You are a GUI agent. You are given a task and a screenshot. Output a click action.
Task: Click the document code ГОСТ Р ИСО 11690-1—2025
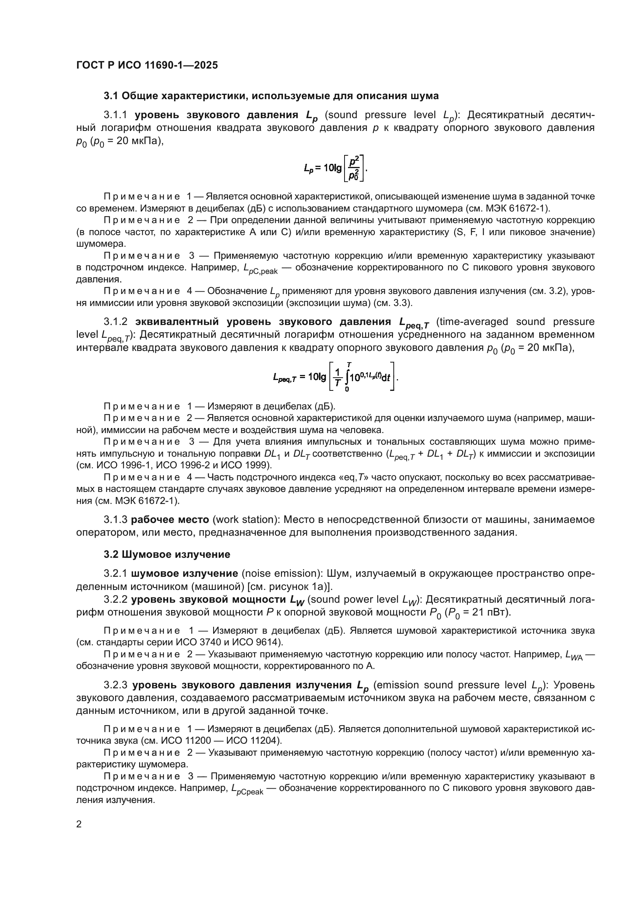[147, 65]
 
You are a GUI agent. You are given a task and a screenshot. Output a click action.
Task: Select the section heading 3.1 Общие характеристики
[271, 96]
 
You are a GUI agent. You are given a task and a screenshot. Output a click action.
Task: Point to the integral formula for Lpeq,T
[335, 377]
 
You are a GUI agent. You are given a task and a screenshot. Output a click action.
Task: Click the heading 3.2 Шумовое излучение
[167, 554]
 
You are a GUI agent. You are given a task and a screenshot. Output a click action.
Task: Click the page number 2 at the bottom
[79, 824]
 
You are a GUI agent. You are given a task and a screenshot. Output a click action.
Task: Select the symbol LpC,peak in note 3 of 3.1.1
[260, 269]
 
